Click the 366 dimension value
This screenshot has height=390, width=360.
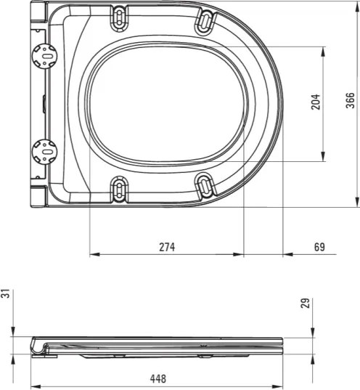(x=350, y=102)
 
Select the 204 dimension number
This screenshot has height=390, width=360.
(x=315, y=102)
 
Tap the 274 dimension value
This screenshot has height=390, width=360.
(x=167, y=247)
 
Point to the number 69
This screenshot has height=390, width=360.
(x=319, y=247)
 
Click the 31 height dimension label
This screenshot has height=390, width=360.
(x=7, y=293)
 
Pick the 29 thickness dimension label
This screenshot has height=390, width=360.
(x=305, y=302)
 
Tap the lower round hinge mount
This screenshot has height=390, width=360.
(x=45, y=151)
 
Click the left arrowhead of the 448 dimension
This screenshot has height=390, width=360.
(x=34, y=385)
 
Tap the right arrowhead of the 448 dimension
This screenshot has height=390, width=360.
(x=282, y=385)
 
